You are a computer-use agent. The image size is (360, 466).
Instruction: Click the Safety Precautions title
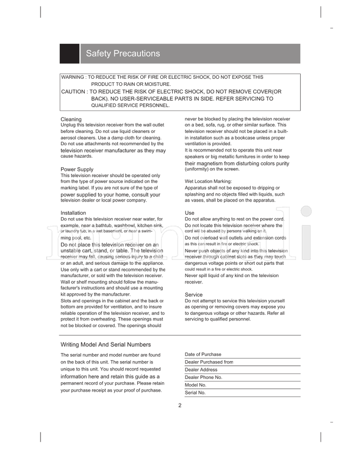pos(123,54)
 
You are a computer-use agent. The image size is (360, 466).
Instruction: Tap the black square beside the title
pos(69,54)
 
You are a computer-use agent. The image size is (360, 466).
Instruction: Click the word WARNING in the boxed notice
pos(72,77)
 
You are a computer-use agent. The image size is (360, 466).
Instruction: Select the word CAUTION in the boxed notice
pos(73,92)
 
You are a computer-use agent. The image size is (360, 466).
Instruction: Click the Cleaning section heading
pos(71,119)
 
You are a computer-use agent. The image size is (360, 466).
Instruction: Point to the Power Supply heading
pos(77,170)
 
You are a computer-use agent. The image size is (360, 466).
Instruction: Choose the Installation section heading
pos(73,213)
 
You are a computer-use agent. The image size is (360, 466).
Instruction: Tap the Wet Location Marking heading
pos(208,181)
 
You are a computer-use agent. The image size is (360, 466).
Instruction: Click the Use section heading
pos(189,213)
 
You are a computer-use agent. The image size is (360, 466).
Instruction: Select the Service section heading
pos(194,295)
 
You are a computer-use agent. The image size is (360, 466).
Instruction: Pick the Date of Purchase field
pos(203,354)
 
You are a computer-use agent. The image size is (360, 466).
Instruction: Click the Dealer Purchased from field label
pos(209,362)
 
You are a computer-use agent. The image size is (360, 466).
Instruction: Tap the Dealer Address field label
pos(201,370)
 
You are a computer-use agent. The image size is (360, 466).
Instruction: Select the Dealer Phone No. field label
pos(203,377)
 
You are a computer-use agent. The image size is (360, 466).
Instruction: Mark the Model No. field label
pos(195,385)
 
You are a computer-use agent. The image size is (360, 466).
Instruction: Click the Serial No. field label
pos(195,393)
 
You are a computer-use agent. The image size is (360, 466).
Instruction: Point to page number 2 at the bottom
pos(180,405)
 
